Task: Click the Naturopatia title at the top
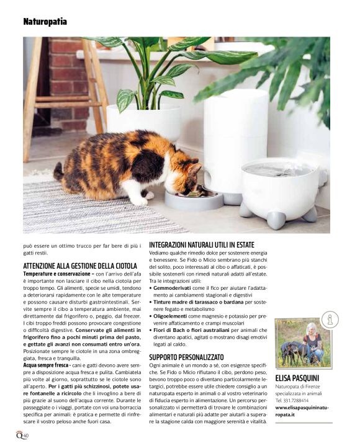coord(45,22)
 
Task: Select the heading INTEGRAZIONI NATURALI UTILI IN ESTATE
coord(202,245)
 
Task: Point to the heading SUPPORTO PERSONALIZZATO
coord(186,357)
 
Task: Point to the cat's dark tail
coord(60,171)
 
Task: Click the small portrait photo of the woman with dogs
coord(302,343)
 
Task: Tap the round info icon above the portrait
coord(330,320)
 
